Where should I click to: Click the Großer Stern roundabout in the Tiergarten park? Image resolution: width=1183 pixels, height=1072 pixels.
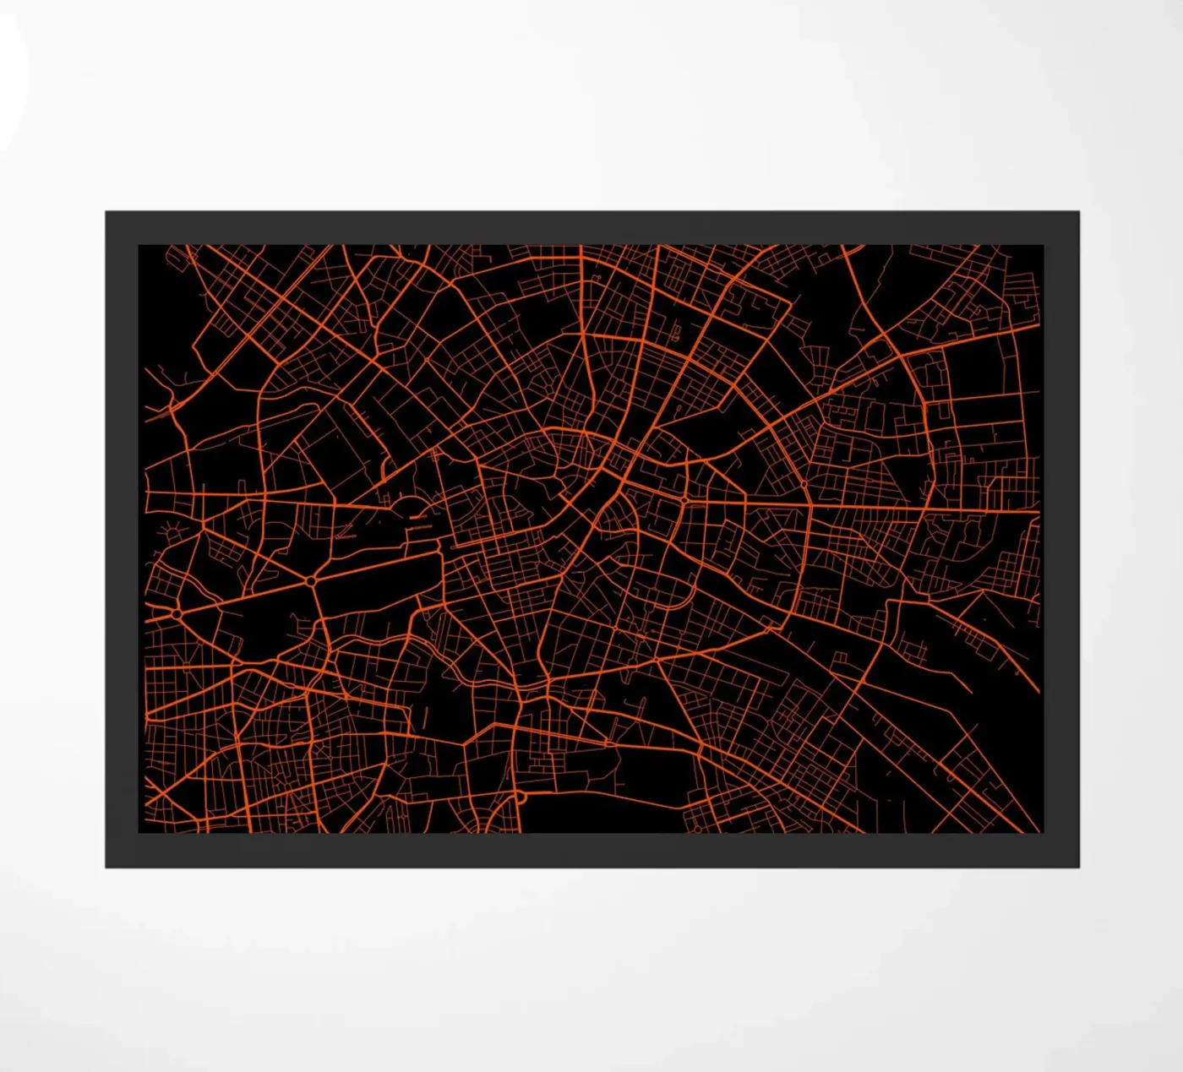(312, 581)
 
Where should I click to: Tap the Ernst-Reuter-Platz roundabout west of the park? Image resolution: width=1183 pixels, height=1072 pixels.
(178, 611)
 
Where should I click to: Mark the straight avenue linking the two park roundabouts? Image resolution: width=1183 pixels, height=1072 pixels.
(245, 596)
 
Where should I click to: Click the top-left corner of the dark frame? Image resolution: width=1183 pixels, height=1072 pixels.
(106, 213)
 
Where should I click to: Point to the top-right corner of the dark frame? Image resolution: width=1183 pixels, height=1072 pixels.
(1077, 213)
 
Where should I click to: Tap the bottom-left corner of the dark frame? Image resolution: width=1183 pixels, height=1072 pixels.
(106, 866)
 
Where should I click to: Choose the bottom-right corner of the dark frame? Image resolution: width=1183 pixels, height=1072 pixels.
(1077, 866)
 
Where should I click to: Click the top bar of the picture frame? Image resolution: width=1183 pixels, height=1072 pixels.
(591, 228)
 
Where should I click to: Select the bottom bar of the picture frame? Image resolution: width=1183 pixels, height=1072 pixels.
(591, 851)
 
